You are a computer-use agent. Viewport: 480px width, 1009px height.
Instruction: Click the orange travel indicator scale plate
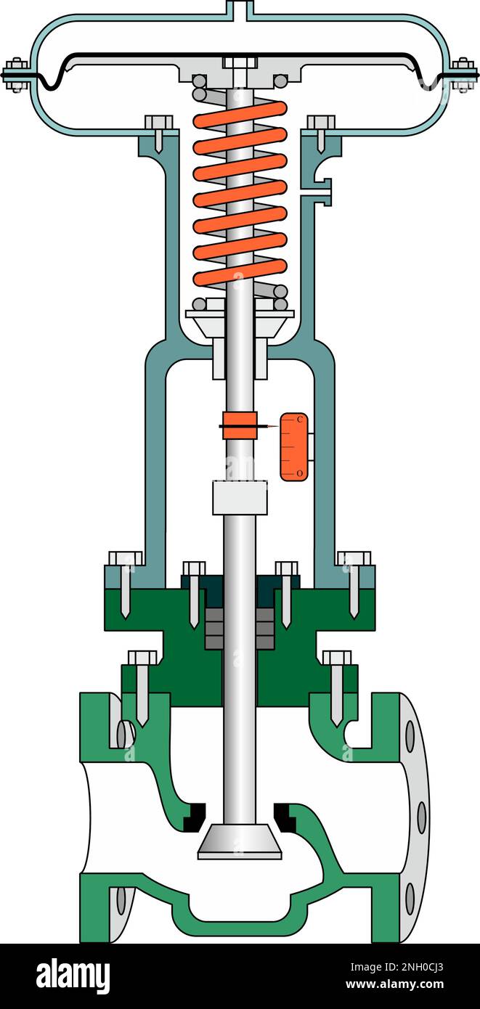[294, 446]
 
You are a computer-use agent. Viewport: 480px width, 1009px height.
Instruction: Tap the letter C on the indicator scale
[300, 420]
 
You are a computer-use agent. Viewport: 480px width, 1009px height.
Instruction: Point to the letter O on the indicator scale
[300, 473]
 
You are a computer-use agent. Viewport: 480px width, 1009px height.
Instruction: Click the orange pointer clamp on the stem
[240, 425]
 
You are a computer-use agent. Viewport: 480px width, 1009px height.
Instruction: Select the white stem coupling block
[240, 497]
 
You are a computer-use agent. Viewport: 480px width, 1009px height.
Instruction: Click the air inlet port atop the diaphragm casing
[240, 9]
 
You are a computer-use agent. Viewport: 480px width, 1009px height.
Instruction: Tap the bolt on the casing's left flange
[14, 74]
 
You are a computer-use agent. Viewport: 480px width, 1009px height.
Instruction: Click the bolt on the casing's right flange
[464, 74]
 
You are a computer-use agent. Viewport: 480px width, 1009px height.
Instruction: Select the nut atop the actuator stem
[240, 62]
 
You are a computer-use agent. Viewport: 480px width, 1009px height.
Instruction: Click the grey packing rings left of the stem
[215, 628]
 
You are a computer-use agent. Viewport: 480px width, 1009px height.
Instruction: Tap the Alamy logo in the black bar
[73, 976]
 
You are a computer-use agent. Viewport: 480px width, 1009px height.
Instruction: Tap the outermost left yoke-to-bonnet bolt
[126, 581]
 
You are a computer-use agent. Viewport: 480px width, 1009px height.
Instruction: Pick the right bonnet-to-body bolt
[337, 682]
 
